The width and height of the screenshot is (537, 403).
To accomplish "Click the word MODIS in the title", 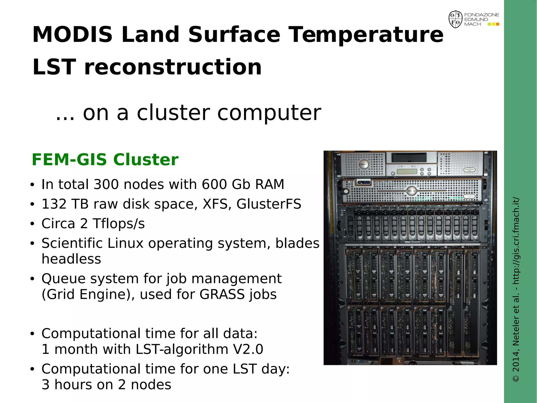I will point(72,34).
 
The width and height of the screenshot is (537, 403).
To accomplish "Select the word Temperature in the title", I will point(366,34).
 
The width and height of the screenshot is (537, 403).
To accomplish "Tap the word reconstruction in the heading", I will point(173,67).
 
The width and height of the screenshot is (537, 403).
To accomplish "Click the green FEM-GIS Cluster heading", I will point(105,159).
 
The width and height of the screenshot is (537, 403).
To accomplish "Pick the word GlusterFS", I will point(269,204).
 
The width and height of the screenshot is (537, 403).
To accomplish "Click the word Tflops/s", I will point(119,224).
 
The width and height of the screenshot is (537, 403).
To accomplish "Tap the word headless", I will point(71,259).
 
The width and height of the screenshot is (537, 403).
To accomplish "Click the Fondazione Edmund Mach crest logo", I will point(455,19).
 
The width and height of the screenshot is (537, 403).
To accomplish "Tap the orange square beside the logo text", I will point(497,24).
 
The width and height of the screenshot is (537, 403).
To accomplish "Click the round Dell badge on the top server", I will point(363,164).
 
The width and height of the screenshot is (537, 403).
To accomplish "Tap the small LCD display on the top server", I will point(407,171).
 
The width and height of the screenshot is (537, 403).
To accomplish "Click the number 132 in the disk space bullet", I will point(54,204).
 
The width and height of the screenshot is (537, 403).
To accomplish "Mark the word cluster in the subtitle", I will point(173,113).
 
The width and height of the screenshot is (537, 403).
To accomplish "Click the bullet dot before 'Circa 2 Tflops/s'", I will point(32,224).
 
